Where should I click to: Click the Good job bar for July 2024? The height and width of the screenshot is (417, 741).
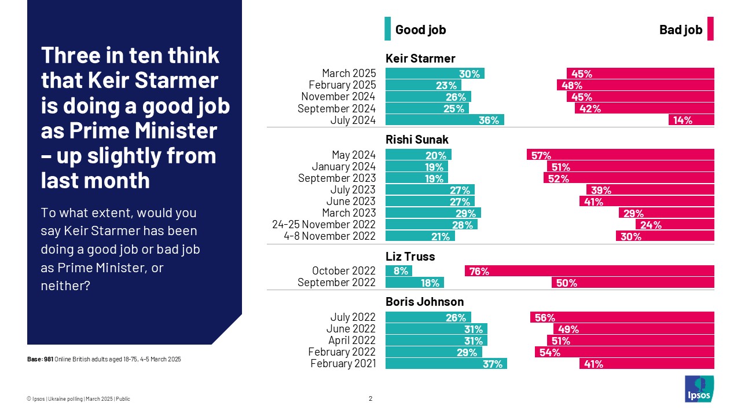coord(445,120)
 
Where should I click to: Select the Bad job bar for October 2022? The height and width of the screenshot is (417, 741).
coord(589,270)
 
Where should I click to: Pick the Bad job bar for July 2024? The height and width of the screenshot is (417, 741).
coord(691,120)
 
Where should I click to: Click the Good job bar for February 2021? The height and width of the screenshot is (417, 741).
coord(446,364)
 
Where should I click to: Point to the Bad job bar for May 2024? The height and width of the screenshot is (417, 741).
coord(620,155)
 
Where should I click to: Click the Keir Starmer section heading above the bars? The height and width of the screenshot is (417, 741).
coord(420,58)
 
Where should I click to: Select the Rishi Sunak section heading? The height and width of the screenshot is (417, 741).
coord(416,140)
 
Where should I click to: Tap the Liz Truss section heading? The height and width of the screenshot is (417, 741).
coord(410,256)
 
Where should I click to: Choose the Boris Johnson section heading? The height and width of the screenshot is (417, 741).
coord(424,302)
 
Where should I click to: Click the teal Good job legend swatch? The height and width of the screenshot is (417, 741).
coord(388,29)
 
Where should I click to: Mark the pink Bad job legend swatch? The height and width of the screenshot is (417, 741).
coord(710,29)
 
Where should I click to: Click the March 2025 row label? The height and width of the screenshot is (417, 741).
coord(349,74)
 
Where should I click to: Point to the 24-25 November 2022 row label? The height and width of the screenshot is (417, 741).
coord(324,224)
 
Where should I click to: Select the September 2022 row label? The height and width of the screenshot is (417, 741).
coord(336,283)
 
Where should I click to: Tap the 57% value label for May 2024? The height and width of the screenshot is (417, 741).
coord(541,155)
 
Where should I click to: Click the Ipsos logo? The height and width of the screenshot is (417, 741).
coord(699,389)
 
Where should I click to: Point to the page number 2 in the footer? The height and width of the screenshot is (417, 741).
coord(370,398)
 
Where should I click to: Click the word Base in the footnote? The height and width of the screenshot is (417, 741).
coord(34,360)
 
